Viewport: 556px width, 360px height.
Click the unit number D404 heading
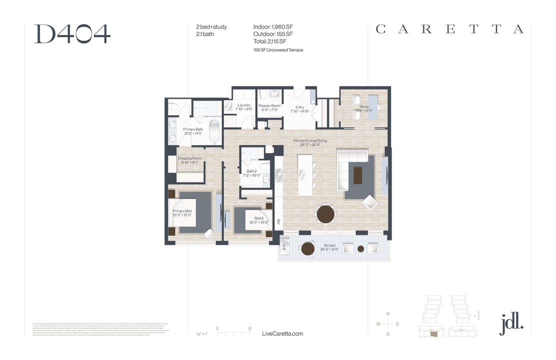(72, 33)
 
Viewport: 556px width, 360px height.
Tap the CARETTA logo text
(449, 29)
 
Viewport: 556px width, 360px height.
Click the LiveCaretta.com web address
(282, 333)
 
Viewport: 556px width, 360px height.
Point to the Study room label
(364, 106)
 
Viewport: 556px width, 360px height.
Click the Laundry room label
(244, 105)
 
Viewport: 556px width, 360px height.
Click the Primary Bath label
(193, 129)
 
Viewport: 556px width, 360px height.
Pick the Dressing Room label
(189, 158)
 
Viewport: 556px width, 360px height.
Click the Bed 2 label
(259, 218)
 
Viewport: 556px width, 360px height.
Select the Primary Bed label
(182, 211)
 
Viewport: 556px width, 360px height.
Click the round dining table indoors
(326, 214)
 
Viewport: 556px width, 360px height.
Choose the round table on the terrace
(307, 248)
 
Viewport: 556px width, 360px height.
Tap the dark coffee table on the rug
(358, 175)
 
